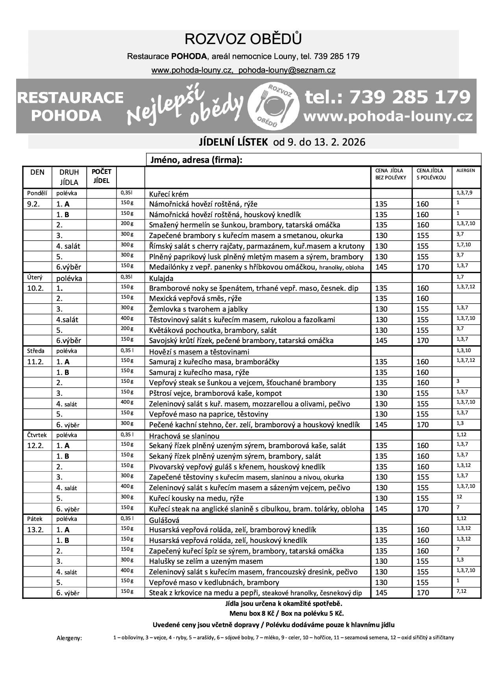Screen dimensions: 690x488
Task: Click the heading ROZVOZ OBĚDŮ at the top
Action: coord(243,39)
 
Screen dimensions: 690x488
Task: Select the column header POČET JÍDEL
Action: coord(102,176)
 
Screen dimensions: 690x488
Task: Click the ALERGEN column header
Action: coord(466,171)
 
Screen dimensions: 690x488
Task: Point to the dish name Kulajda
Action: coord(161,278)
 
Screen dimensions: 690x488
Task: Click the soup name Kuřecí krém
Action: coord(169,194)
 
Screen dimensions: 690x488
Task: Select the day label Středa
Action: coord(36,351)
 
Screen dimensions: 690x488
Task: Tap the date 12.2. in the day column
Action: coord(35,446)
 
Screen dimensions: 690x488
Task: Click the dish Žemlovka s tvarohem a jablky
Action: coord(198,309)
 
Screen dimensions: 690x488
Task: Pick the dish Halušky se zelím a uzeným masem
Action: coord(206,561)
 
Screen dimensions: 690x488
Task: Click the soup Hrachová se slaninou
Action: coord(184,436)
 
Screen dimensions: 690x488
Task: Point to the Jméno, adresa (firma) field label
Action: coord(195,160)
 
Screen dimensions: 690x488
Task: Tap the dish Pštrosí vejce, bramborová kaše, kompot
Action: coord(215,393)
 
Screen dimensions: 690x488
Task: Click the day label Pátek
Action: coord(35,519)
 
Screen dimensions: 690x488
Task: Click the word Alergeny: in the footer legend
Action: coord(69,638)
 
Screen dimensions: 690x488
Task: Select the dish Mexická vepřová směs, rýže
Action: coord(195,299)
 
